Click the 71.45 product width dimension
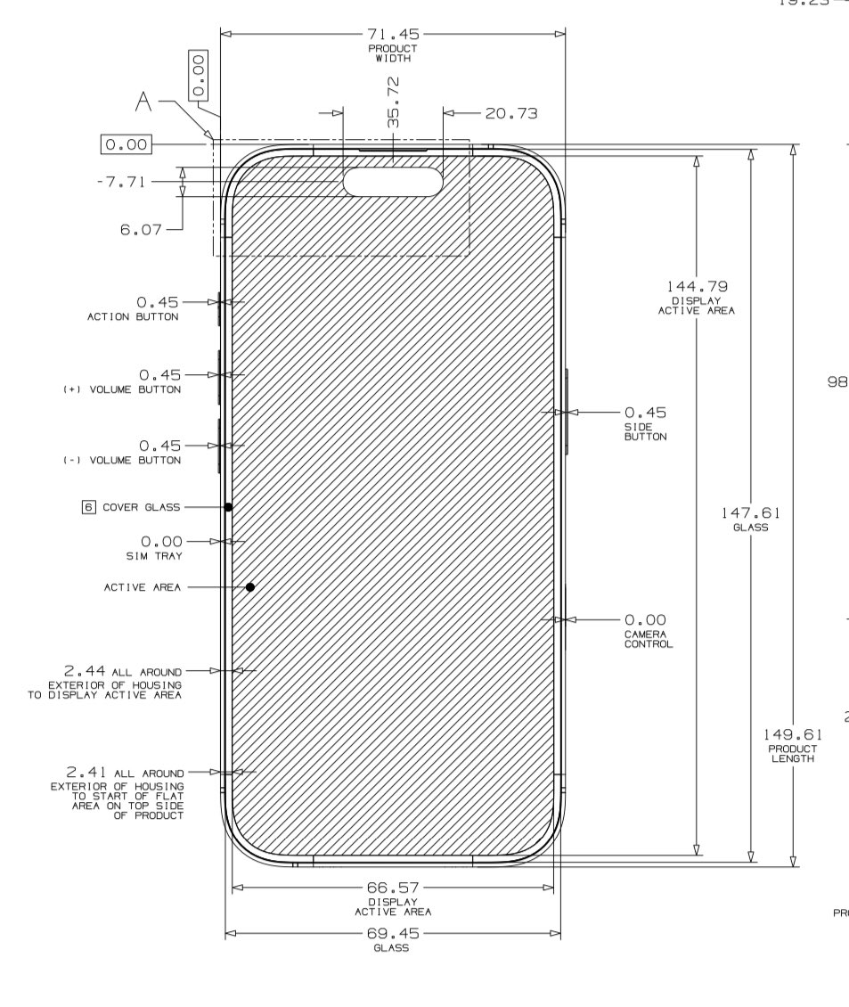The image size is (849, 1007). point(393,35)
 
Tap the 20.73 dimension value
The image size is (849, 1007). point(511,113)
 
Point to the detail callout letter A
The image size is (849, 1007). point(143,104)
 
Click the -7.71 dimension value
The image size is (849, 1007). point(122,182)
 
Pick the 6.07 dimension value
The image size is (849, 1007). point(141,230)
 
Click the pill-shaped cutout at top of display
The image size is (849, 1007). point(393,182)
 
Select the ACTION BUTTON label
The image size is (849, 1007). point(133,316)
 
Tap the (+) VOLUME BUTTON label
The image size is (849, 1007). point(122,389)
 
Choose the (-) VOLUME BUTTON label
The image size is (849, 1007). point(122,460)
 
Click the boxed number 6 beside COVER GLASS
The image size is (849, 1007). point(88,507)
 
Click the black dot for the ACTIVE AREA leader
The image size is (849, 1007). point(250,587)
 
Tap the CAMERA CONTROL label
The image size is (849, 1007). point(648,638)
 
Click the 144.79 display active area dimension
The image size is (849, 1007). point(697,287)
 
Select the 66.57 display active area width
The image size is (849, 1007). point(393,888)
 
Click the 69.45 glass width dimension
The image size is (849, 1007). point(393,934)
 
